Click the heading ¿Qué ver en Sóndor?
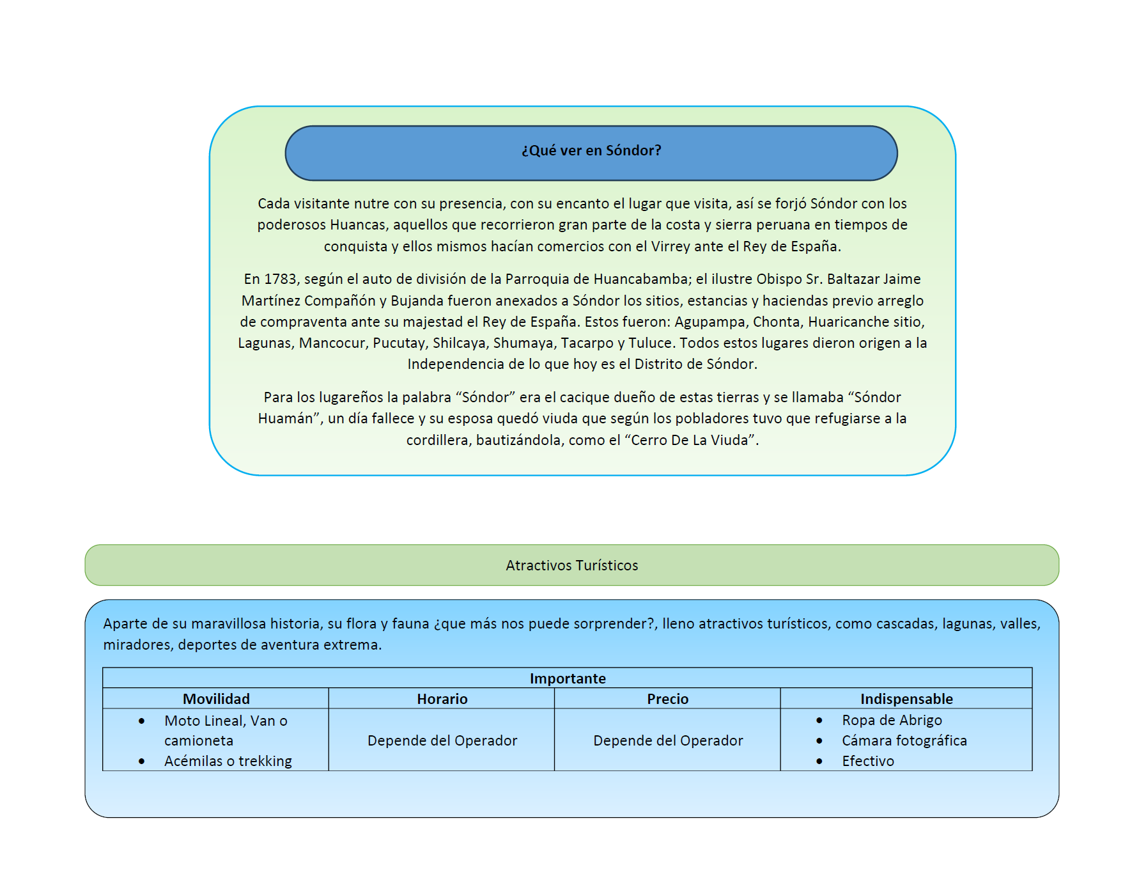coord(591,151)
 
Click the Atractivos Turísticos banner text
coord(571,565)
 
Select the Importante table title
coord(567,678)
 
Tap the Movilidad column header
coord(216,699)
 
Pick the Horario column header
coord(442,699)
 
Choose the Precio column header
coord(667,699)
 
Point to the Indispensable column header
coord(906,699)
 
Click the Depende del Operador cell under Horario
coord(442,740)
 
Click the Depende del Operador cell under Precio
coord(668,740)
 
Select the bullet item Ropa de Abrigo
coord(892,720)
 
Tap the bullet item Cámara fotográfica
coord(904,740)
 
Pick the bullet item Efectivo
coord(867,761)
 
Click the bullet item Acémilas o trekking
coord(228,761)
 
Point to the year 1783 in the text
coord(281,279)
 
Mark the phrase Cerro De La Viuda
coord(689,441)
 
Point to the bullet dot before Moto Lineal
coord(141,721)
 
